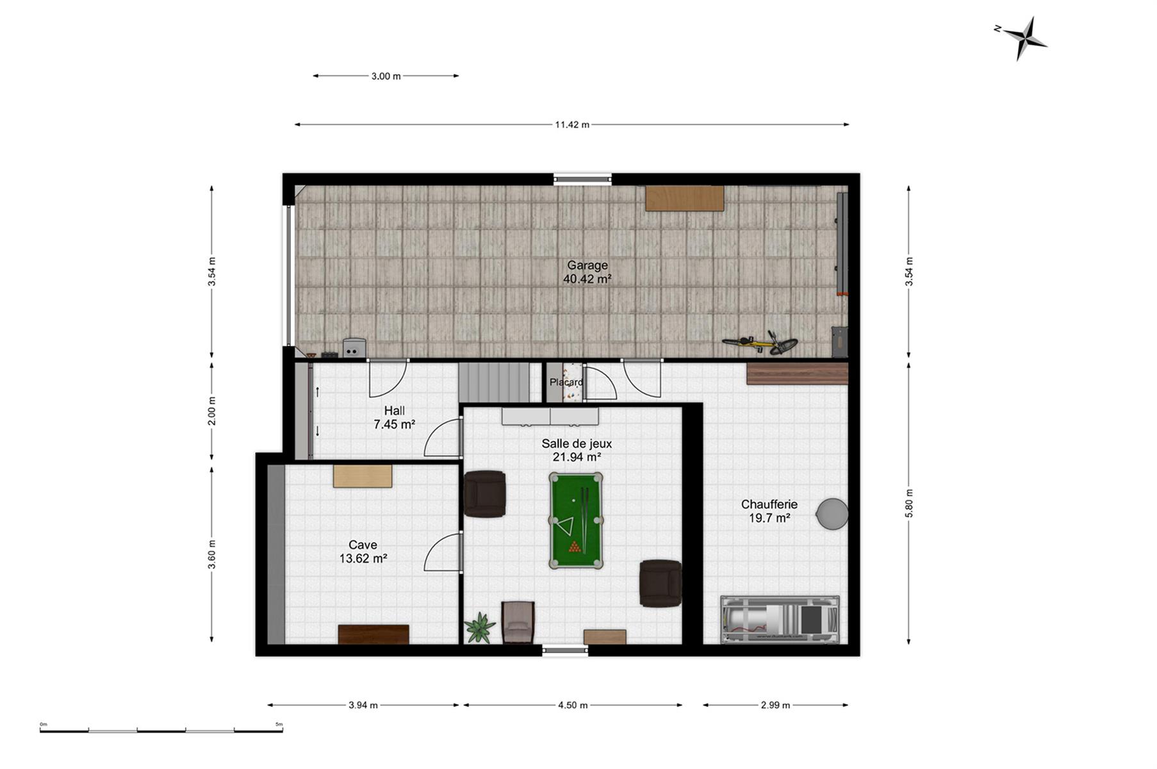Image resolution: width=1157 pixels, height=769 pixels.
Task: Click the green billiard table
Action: click(x=575, y=520)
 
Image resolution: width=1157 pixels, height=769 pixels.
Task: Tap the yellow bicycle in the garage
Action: click(x=760, y=343)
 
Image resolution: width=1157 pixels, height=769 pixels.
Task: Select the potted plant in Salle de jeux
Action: click(x=480, y=627)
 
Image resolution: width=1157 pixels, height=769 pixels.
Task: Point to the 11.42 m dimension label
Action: click(x=572, y=125)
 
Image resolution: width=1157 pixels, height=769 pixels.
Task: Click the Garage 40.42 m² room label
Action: click(x=587, y=272)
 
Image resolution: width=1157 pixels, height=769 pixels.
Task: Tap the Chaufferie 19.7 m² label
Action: click(x=769, y=511)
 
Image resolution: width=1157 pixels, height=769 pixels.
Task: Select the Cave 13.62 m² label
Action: click(x=363, y=552)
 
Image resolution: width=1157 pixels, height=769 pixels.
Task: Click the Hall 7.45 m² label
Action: click(x=394, y=417)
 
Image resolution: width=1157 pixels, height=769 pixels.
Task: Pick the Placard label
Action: click(x=566, y=383)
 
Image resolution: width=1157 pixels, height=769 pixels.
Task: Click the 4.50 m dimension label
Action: click(x=573, y=706)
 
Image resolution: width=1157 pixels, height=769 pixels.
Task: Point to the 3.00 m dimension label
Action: click(x=386, y=76)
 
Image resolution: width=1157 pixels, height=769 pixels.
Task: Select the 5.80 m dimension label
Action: click(x=909, y=503)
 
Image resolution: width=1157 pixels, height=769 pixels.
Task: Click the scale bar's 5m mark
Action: click(x=279, y=725)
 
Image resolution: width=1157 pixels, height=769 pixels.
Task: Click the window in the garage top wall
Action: click(x=582, y=179)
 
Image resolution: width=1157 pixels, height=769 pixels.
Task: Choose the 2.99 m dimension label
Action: click(x=775, y=706)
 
